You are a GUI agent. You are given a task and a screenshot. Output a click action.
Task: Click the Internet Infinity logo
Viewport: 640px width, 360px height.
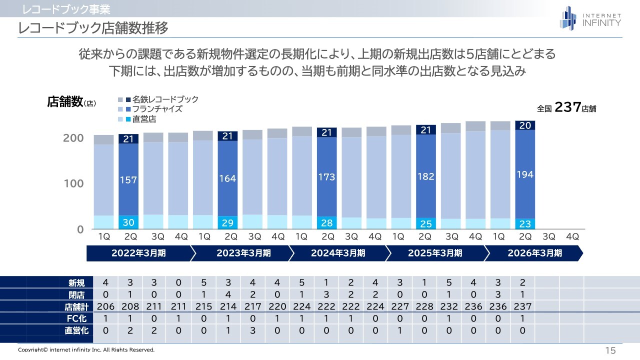[x=590, y=18]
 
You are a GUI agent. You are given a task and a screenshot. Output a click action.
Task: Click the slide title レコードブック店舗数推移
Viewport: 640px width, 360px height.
[x=93, y=28]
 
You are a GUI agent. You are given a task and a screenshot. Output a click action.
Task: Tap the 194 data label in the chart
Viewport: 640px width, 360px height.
[x=525, y=174]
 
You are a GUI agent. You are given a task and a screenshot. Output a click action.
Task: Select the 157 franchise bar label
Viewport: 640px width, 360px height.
[x=128, y=180]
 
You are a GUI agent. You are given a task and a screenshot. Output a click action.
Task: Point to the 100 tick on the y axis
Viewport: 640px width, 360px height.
[x=73, y=183]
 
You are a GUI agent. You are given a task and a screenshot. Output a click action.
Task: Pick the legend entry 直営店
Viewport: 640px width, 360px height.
[x=144, y=119]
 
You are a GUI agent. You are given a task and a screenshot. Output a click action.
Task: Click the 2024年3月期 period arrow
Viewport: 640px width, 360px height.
[x=338, y=253]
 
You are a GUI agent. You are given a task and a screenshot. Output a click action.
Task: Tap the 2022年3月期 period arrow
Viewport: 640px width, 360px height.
[x=138, y=253]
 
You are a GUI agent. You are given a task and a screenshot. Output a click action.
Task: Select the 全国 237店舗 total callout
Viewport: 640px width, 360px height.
[x=566, y=108]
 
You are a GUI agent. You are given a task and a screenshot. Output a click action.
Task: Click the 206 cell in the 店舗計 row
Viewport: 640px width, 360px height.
[x=105, y=306]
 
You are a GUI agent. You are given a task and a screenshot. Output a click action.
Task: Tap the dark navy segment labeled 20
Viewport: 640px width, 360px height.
[x=525, y=125]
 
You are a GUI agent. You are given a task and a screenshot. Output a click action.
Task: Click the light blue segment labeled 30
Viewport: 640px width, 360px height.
[x=128, y=222]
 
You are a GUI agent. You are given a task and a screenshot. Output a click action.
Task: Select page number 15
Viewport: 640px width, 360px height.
[x=610, y=350]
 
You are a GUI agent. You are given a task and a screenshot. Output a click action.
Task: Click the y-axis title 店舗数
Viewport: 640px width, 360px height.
[x=64, y=101]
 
